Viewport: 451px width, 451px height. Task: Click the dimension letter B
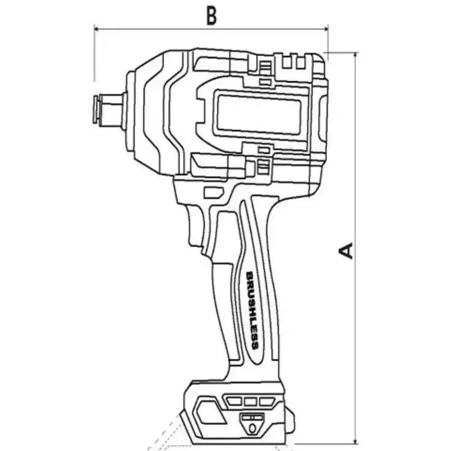point(212,16)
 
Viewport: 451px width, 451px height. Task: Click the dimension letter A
point(346,251)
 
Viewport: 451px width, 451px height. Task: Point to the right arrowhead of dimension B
point(326,29)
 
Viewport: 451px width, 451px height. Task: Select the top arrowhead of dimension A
point(356,55)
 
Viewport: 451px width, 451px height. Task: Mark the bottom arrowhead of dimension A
point(356,442)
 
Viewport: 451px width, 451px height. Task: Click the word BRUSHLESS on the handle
point(252,310)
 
